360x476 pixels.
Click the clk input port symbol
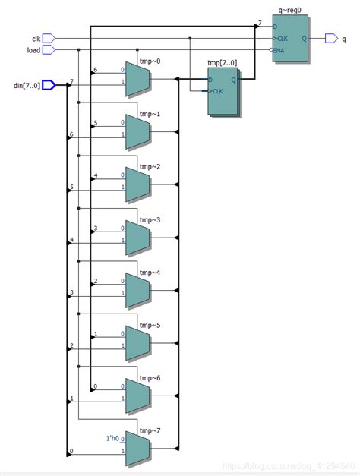tap(49, 38)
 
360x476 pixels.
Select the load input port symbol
tap(49, 50)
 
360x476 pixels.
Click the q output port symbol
tap(332, 38)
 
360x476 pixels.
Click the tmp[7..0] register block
tap(223, 90)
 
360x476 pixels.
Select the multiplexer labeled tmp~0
tap(137, 79)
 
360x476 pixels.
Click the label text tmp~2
tap(150, 166)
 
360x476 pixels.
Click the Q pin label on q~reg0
tap(303, 38)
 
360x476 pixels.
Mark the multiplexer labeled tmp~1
tap(137, 131)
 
